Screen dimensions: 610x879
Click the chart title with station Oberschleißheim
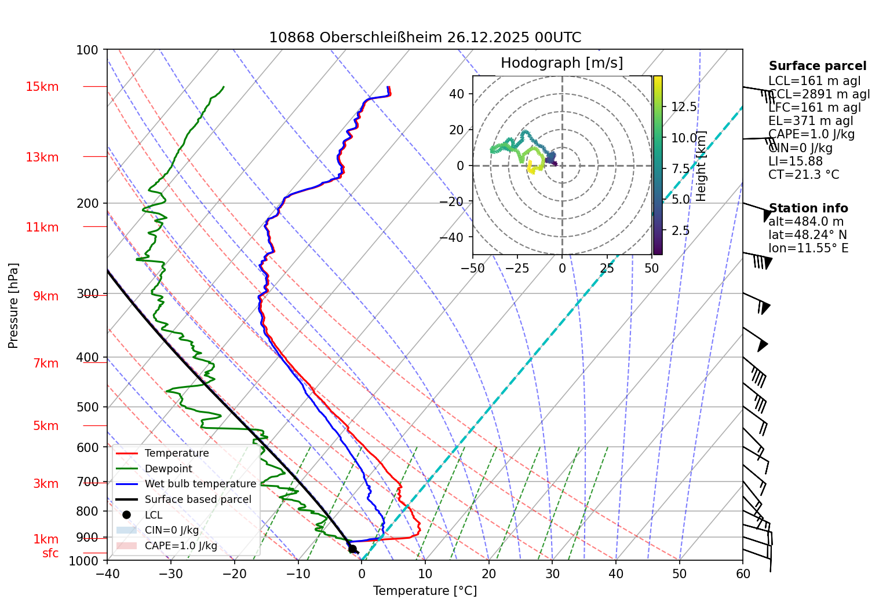click(x=425, y=38)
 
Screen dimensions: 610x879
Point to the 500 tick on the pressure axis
click(x=87, y=407)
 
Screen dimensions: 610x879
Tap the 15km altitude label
click(x=42, y=87)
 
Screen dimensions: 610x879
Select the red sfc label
click(x=50, y=553)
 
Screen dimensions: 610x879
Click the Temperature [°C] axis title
click(x=425, y=591)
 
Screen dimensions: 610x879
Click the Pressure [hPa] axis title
click(x=13, y=306)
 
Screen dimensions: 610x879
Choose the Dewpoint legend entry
click(x=168, y=469)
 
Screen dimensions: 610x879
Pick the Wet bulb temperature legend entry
click(x=200, y=484)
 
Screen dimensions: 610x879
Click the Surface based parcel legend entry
click(x=198, y=499)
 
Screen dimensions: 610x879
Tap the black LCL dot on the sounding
click(x=352, y=549)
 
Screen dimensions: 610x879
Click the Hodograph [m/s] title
click(x=561, y=63)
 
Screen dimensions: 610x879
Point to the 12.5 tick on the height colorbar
click(x=684, y=107)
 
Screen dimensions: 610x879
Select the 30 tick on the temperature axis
click(x=552, y=574)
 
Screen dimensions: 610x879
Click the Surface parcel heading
click(x=817, y=66)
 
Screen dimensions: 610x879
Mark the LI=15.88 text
click(x=795, y=161)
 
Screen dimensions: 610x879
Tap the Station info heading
click(x=808, y=208)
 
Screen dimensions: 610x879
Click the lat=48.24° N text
click(x=807, y=235)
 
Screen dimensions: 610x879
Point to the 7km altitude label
click(x=46, y=363)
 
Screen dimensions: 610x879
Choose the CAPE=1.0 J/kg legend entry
click(x=181, y=546)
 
